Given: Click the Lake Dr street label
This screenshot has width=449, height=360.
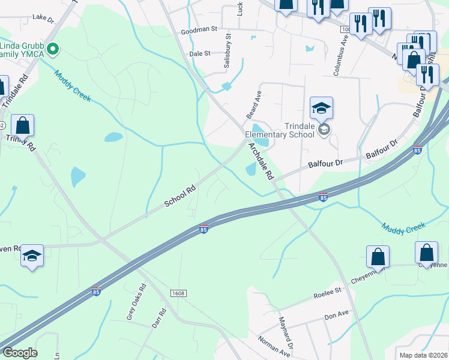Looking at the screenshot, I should click(43, 18).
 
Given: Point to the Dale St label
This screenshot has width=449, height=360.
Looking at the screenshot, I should click(199, 53).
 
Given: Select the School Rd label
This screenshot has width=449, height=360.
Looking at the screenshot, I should click(181, 196).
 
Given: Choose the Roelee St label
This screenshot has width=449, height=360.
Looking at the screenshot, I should click(327, 292).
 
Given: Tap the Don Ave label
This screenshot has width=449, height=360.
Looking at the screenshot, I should click(336, 314).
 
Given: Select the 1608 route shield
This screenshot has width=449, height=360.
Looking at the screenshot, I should click(178, 293).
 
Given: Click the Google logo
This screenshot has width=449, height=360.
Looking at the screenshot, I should click(20, 353).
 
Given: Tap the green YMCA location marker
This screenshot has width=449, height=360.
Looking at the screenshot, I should click(52, 49).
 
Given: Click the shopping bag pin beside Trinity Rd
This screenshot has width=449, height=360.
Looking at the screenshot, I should click(23, 125).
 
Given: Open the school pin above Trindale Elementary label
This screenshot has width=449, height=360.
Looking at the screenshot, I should click(321, 108).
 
